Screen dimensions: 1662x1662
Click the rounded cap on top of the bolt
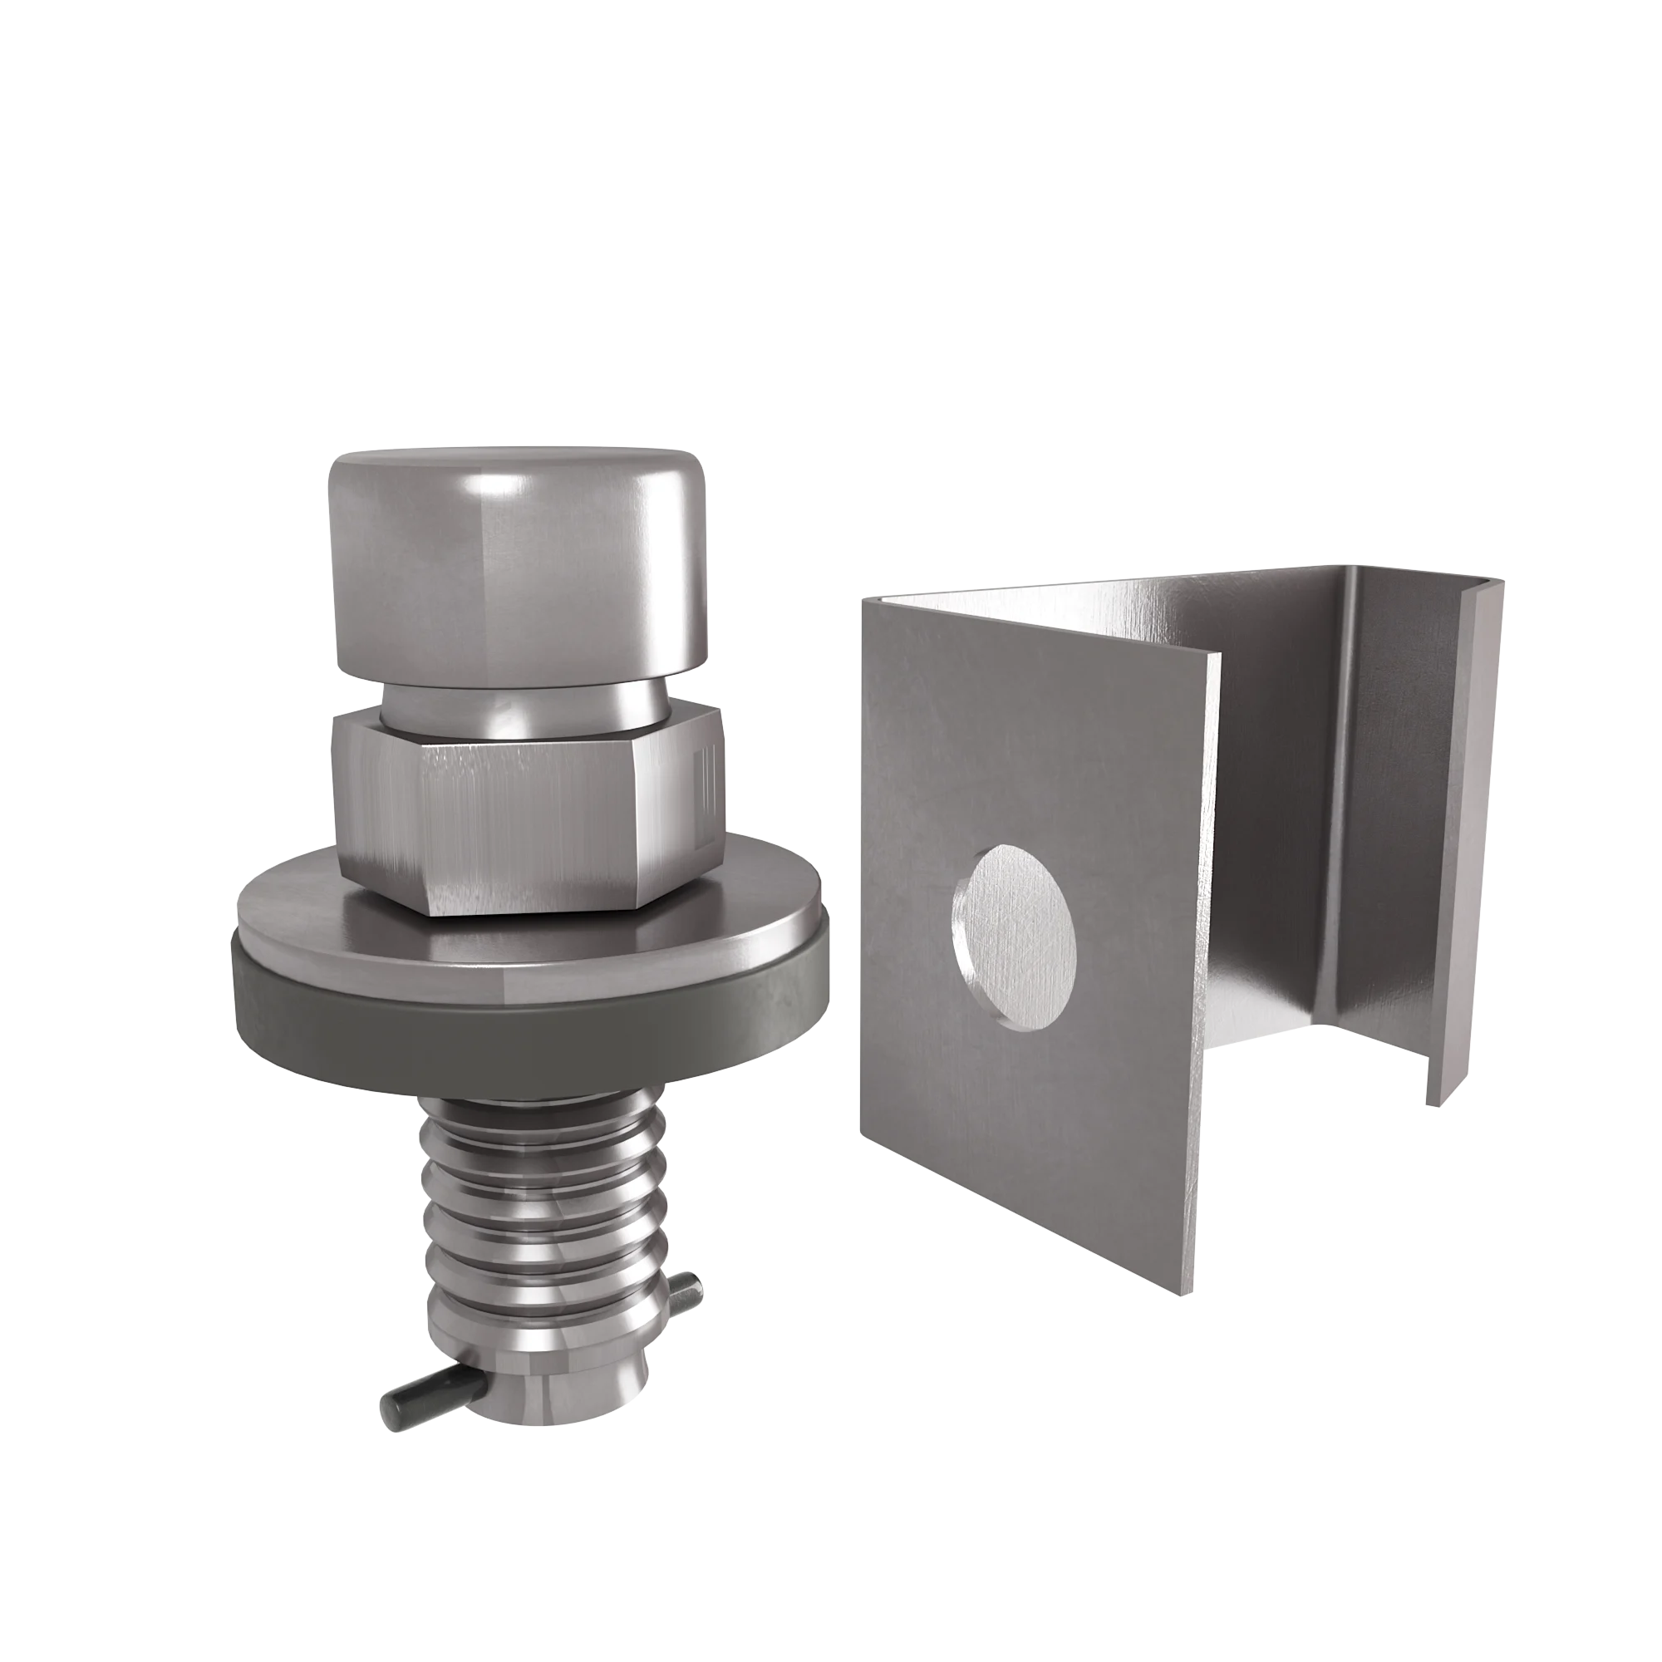(x=519, y=568)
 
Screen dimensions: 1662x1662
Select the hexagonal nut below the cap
(x=527, y=809)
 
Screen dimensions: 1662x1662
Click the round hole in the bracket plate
(x=1015, y=937)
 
